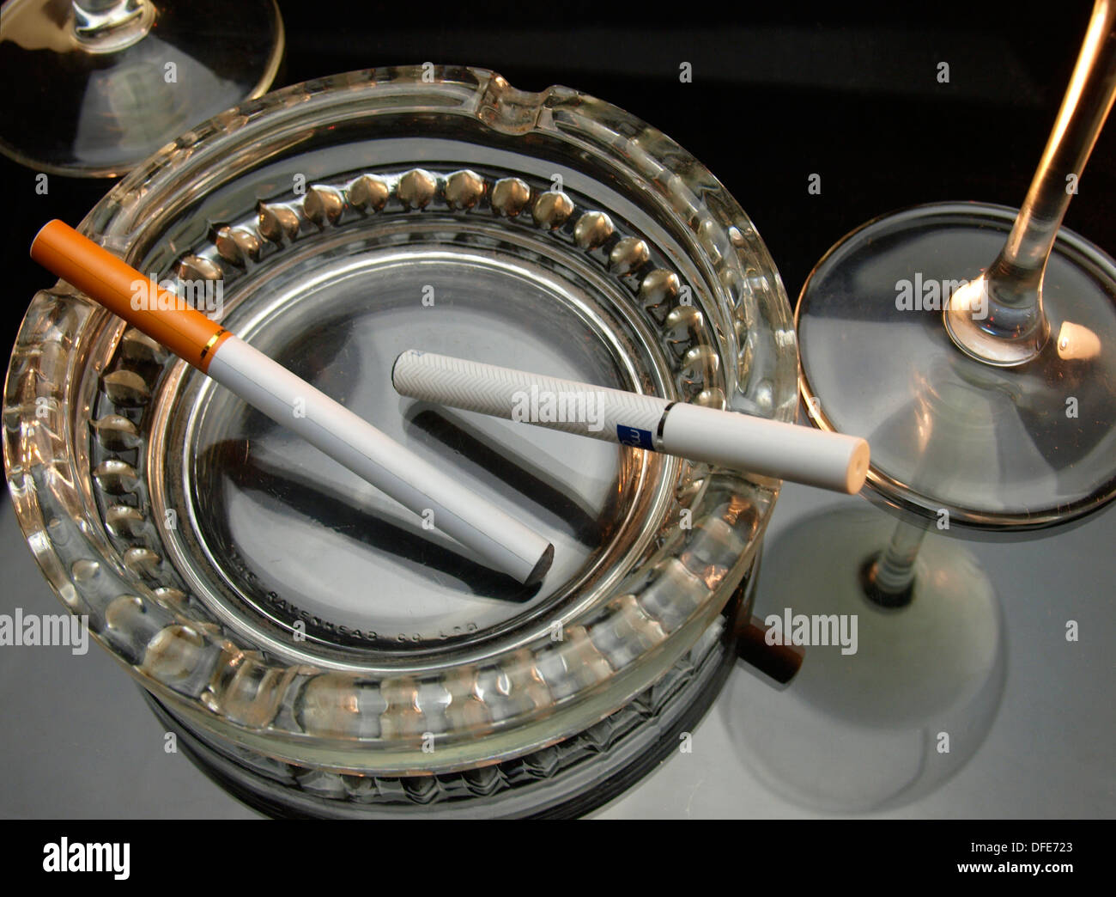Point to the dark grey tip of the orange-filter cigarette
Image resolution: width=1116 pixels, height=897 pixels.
(538, 564)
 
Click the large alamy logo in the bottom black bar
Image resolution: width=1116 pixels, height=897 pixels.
(87, 858)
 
